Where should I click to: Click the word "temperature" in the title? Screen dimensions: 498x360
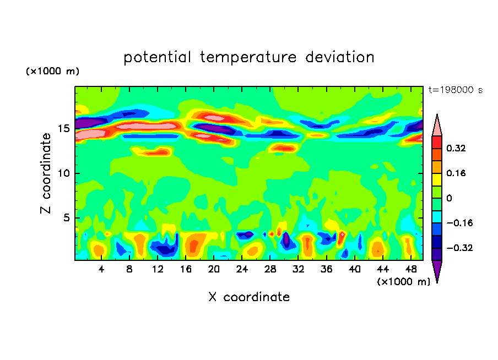(x=248, y=57)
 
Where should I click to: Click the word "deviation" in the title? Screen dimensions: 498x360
(x=339, y=57)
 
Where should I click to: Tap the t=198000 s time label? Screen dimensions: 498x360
(x=456, y=90)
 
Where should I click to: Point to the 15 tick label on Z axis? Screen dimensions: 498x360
(x=64, y=129)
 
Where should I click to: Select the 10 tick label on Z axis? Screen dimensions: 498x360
(x=64, y=173)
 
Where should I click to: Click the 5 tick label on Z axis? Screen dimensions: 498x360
(x=67, y=218)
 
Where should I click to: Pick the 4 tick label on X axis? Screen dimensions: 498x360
(x=101, y=269)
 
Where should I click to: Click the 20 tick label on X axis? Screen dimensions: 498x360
(x=214, y=269)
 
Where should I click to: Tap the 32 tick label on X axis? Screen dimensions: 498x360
(x=298, y=269)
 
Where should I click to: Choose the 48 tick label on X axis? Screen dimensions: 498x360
(x=411, y=269)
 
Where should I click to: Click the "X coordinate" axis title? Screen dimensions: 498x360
(x=249, y=297)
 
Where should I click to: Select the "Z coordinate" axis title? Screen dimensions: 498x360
(x=46, y=173)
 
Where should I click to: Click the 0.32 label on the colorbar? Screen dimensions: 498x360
(x=456, y=148)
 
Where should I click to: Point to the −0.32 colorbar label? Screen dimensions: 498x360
(x=459, y=248)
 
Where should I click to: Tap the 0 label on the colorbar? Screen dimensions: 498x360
(x=449, y=198)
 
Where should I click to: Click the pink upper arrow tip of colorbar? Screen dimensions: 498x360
(x=437, y=114)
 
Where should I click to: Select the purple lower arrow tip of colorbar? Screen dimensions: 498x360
(x=437, y=282)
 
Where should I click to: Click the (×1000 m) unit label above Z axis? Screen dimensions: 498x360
(x=52, y=71)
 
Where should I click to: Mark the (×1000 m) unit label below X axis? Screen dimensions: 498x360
(x=403, y=282)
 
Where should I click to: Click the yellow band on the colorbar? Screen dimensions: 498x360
(x=437, y=179)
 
